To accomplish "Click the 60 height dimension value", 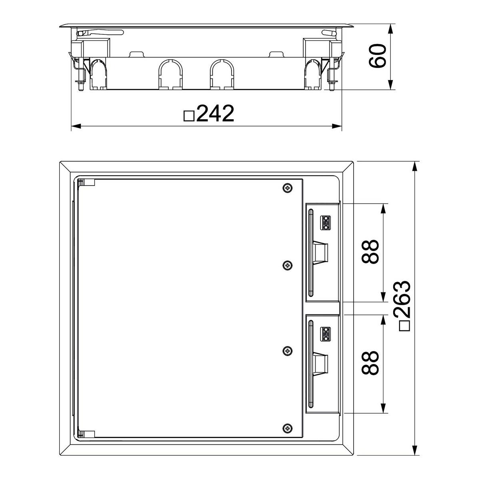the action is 377,56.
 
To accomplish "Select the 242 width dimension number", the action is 215,113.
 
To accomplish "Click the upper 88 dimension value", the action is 370,252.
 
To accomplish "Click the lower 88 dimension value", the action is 370,363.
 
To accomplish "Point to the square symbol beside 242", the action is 189,116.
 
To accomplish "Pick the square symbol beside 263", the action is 404,326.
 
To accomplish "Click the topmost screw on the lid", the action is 288,188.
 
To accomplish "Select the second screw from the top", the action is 288,266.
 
